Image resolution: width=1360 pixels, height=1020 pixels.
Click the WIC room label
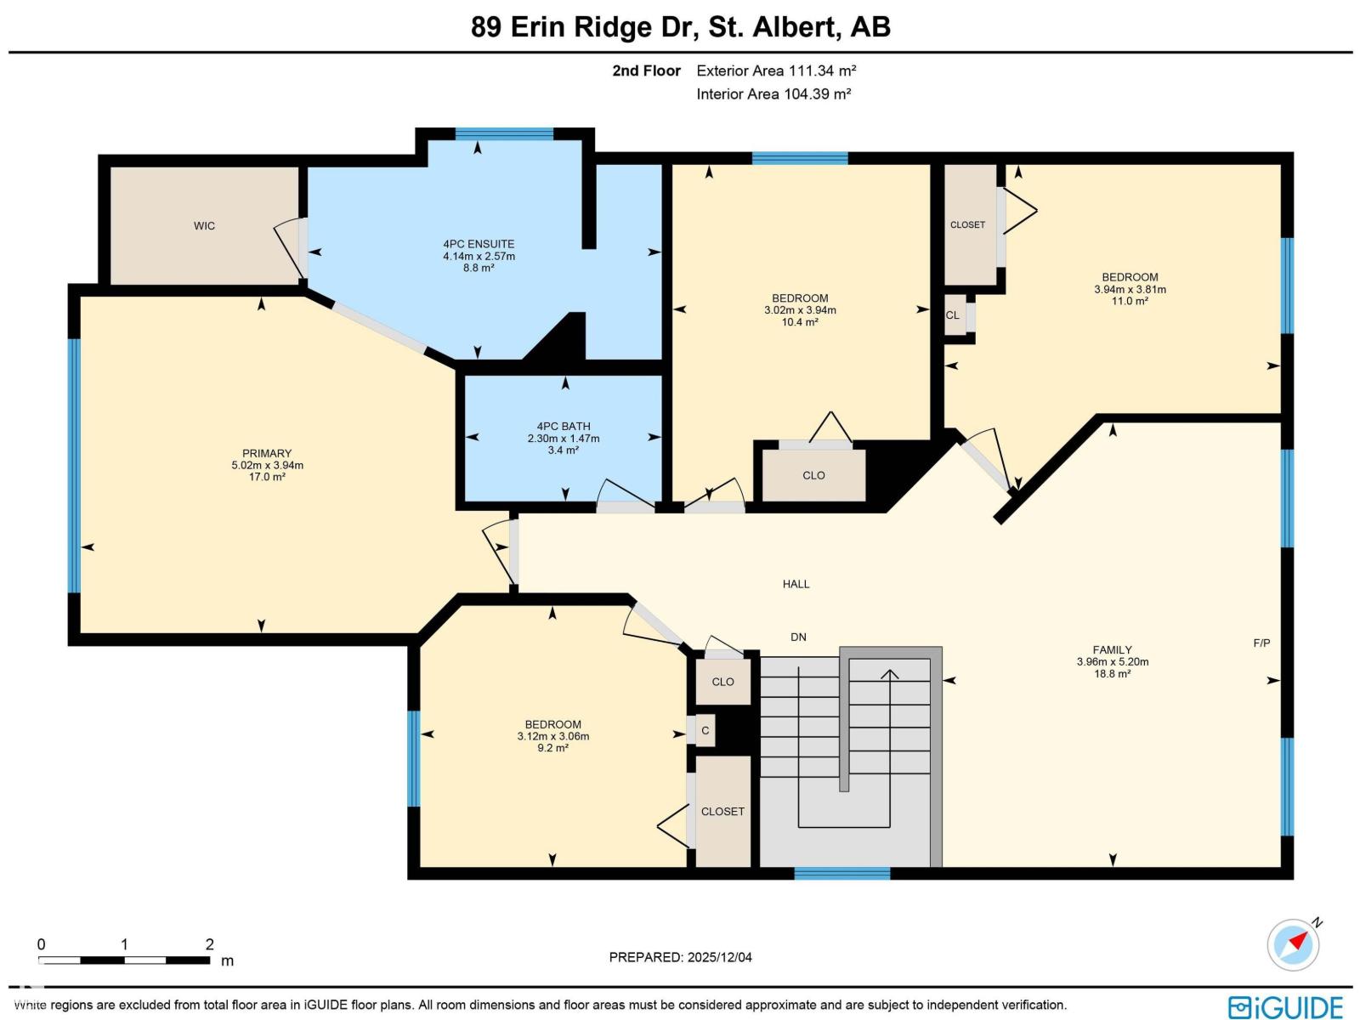pos(204,226)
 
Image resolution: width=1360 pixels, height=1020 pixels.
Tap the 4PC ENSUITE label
pos(479,244)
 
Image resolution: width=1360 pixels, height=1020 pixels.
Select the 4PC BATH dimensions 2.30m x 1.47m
pos(563,439)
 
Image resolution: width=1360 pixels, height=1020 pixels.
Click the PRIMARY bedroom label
pos(267,453)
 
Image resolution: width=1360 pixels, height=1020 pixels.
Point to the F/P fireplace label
pos(1261,643)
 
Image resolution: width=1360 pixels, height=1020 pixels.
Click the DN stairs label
pos(798,637)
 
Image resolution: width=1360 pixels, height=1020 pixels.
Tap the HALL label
pos(796,584)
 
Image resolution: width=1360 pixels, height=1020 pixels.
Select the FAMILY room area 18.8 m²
pos(1111,674)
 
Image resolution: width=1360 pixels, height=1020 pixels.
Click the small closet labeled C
pos(705,731)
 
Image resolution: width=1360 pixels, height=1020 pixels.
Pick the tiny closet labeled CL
pos(953,315)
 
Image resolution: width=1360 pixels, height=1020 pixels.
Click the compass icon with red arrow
pos(1293,944)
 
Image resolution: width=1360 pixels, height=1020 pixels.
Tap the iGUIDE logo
pos(1285,1006)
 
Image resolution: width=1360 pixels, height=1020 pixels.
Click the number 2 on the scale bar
pos(209,944)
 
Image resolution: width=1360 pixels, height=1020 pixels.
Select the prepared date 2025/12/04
pos(680,957)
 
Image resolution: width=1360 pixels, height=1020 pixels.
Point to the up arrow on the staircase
pos(889,676)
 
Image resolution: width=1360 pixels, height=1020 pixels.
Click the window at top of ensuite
pos(504,133)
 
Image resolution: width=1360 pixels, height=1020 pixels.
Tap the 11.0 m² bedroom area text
pos(1130,301)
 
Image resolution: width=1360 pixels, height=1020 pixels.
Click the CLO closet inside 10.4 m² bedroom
pos(813,475)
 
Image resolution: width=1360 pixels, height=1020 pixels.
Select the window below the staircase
pos(841,873)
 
